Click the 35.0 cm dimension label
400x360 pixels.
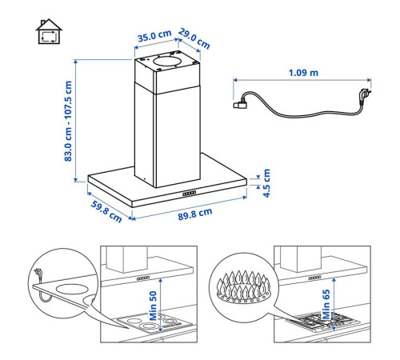point(154,36)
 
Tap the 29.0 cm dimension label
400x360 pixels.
point(194,38)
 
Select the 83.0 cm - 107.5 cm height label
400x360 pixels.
point(68,121)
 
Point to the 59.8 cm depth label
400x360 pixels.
point(106,212)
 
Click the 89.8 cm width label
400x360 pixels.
point(195,214)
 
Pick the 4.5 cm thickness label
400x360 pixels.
point(266,183)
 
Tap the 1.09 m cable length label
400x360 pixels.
point(303,73)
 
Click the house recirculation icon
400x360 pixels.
point(49,31)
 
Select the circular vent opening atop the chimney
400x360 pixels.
point(168,62)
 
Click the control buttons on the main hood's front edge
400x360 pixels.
point(190,193)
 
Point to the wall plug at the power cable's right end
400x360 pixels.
point(365,95)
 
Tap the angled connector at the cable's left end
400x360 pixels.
point(240,104)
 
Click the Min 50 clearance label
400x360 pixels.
point(153,306)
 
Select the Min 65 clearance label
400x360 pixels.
point(326,304)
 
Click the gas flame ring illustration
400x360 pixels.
point(243,287)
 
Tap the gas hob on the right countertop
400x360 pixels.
point(323,321)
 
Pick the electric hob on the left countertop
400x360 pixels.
point(154,323)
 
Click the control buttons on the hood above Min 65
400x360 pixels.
point(314,278)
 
